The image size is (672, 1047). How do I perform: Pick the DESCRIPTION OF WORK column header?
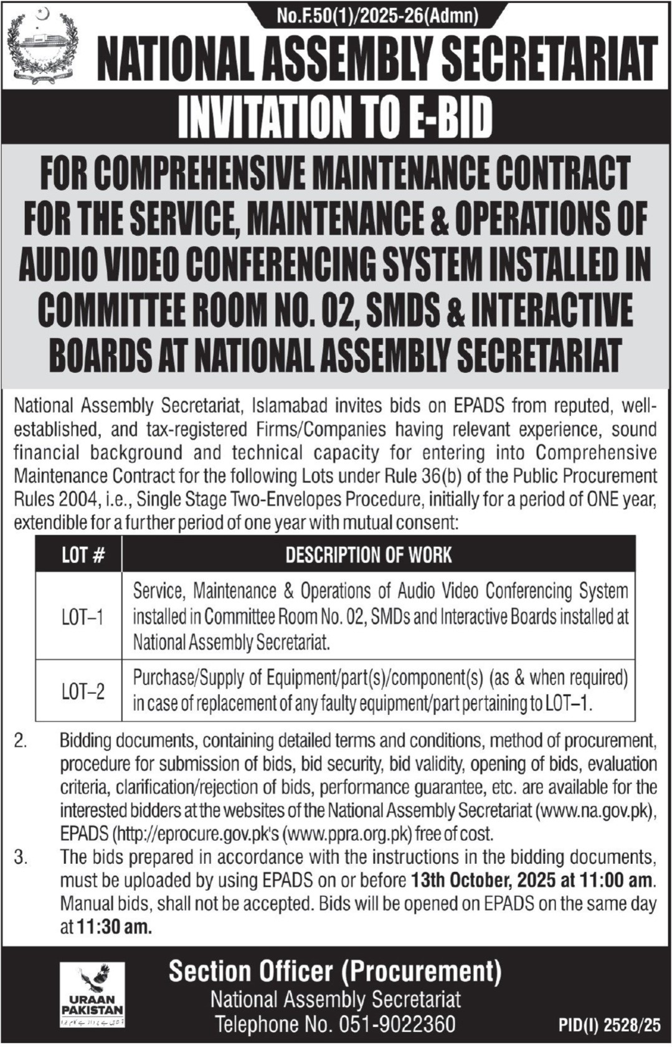point(369,555)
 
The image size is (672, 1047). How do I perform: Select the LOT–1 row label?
point(82,617)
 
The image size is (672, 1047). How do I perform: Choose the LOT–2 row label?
point(82,691)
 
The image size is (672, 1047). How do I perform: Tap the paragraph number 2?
point(21,741)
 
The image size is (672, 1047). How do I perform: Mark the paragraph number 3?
point(21,858)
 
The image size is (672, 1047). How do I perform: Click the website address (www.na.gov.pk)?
point(595,810)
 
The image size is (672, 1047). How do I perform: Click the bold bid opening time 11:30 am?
point(114,927)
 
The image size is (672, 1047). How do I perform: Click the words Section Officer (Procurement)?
point(335,972)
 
